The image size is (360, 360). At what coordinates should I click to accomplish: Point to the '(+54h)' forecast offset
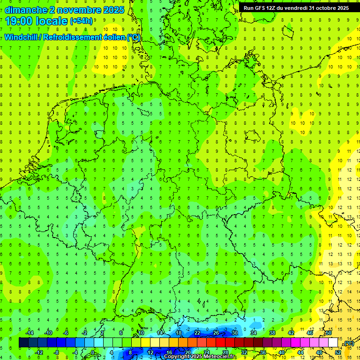click(x=81, y=21)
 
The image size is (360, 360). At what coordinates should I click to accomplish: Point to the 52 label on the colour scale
click(x=338, y=352)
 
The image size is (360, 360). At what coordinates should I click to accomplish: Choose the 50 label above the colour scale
click(x=329, y=333)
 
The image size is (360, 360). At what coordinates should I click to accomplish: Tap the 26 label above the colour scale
click(x=216, y=333)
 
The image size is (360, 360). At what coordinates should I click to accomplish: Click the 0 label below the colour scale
click(x=93, y=352)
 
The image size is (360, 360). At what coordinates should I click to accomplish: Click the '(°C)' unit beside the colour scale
click(x=349, y=343)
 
